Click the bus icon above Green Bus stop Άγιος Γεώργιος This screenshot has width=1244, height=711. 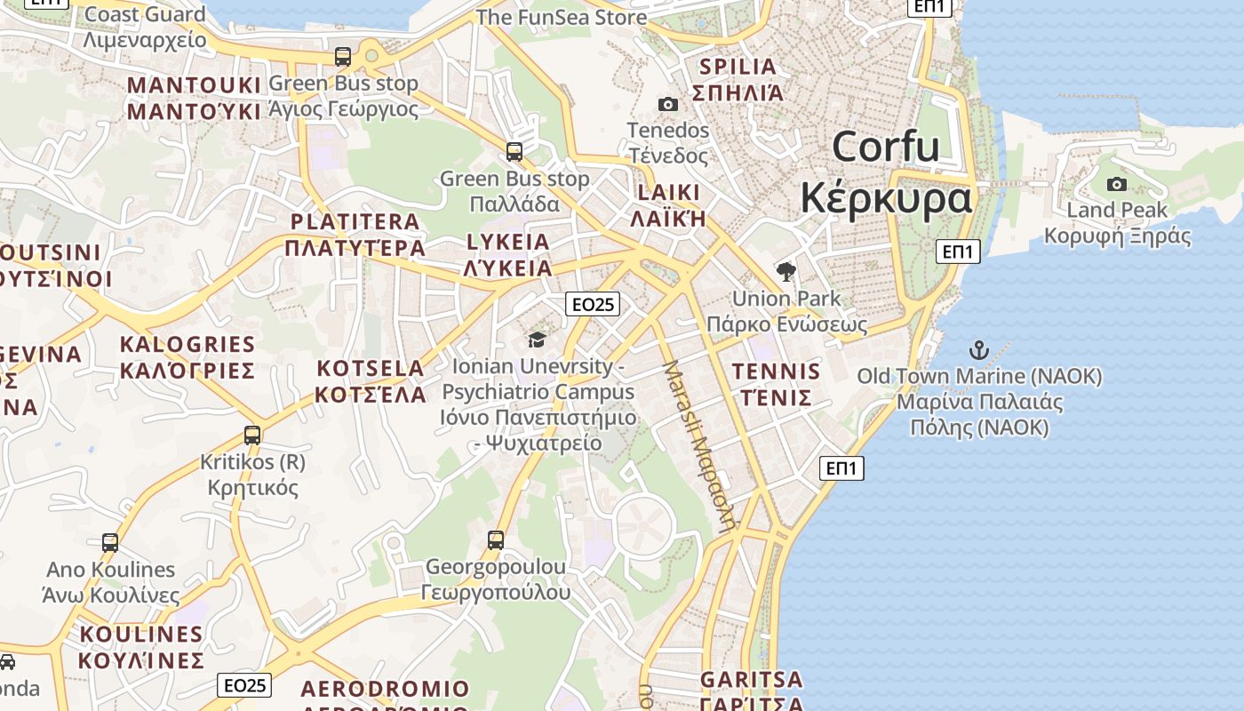[x=343, y=57]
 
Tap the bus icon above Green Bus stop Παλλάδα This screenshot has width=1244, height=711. [x=514, y=152]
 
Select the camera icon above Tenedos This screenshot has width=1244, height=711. [x=668, y=105]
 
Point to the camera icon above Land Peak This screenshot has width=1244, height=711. [x=1117, y=185]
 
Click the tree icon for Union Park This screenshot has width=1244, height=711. [x=785, y=272]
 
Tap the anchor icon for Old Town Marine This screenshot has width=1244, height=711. [x=978, y=349]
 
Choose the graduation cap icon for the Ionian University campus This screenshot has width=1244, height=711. [x=537, y=340]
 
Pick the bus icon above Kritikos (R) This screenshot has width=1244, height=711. [x=252, y=435]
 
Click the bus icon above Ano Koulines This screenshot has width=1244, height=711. [x=110, y=542]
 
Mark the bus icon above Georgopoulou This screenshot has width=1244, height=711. [x=496, y=539]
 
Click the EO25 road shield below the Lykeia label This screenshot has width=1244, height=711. [x=593, y=305]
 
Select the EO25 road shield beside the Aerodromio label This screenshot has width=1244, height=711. [x=244, y=685]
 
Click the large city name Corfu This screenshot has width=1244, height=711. [x=886, y=147]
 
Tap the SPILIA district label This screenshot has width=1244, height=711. [x=738, y=67]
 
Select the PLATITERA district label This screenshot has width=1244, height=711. [x=355, y=222]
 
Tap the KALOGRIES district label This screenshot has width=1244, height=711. [x=187, y=345]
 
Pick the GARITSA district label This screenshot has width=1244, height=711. [x=752, y=680]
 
